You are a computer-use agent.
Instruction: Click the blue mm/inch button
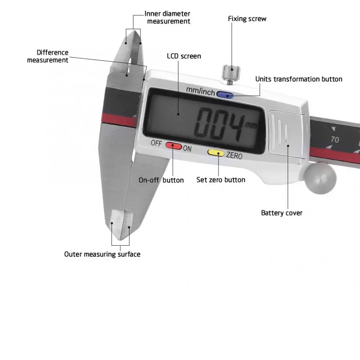click(225, 95)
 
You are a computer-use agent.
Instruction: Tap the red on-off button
click(174, 146)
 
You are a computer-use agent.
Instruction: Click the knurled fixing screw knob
click(231, 72)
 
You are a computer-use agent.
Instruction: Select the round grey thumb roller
click(320, 178)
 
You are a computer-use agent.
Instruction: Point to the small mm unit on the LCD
click(251, 125)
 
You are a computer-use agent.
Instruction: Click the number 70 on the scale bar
click(335, 139)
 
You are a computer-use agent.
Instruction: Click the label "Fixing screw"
click(247, 18)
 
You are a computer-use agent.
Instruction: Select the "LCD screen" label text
click(184, 56)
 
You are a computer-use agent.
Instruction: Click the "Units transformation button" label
click(299, 79)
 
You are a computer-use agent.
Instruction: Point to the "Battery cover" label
click(282, 213)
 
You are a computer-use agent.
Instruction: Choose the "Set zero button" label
click(221, 180)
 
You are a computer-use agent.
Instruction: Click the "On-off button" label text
click(161, 180)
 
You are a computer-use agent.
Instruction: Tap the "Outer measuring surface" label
click(102, 254)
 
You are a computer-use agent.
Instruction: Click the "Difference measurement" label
click(48, 56)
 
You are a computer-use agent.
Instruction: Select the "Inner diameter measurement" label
click(168, 18)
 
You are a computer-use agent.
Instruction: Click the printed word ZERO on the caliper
click(234, 156)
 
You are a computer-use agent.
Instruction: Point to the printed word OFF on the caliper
click(156, 143)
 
